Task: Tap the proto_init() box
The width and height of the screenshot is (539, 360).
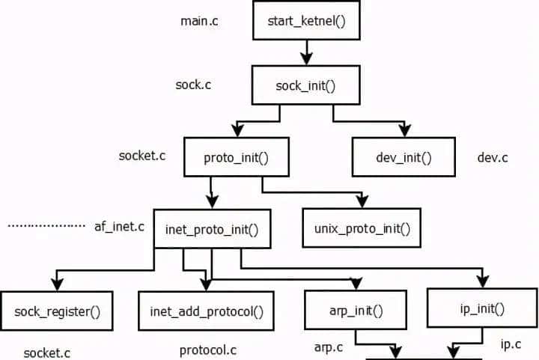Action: click(x=236, y=157)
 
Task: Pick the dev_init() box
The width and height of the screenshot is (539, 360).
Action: click(x=404, y=157)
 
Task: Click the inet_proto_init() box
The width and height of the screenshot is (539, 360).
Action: click(x=211, y=229)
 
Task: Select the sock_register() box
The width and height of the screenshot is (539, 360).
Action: click(x=58, y=311)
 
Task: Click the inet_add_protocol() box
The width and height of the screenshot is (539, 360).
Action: click(x=206, y=311)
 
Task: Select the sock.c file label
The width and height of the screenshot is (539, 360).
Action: click(x=193, y=85)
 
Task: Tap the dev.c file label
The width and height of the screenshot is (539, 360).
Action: click(x=493, y=157)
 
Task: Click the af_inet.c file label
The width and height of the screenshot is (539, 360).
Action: click(x=119, y=225)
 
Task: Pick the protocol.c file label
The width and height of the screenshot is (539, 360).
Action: click(x=207, y=350)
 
